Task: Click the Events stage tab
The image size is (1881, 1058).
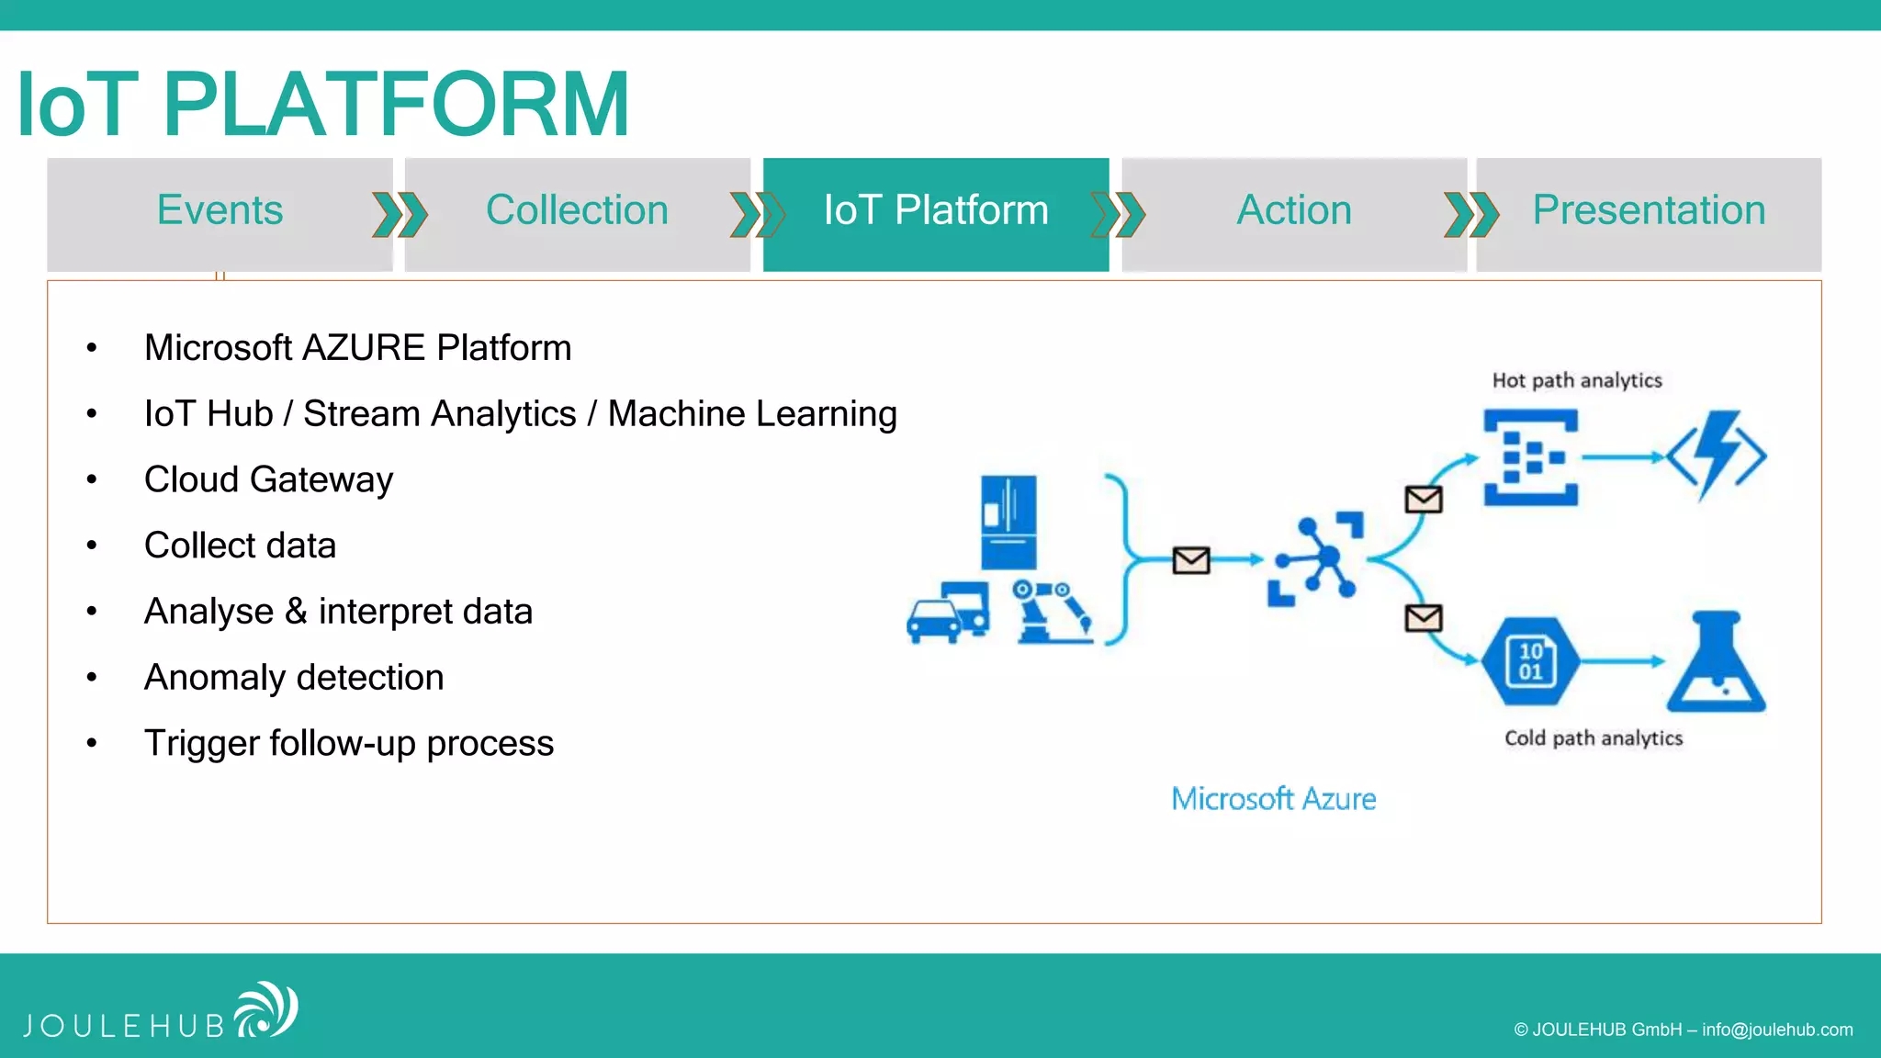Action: pyautogui.click(x=220, y=211)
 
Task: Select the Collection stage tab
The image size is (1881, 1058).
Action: pyautogui.click(x=577, y=211)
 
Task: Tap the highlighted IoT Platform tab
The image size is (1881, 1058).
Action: pyautogui.click(x=935, y=211)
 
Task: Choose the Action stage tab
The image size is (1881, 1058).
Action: pyautogui.click(x=1293, y=211)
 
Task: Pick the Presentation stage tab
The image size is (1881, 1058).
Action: pyautogui.click(x=1649, y=211)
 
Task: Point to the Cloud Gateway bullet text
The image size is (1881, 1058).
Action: pyautogui.click(x=268, y=479)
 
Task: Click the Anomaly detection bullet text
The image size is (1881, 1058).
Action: pyautogui.click(x=294, y=678)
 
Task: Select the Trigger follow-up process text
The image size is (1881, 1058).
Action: pyautogui.click(x=349, y=743)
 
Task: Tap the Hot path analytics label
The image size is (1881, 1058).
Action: pyautogui.click(x=1577, y=380)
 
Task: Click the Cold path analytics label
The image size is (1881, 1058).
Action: pyautogui.click(x=1594, y=738)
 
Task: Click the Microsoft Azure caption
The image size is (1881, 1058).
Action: pyautogui.click(x=1273, y=799)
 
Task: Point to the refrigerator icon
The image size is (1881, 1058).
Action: pyautogui.click(x=1008, y=522)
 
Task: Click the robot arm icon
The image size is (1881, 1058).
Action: pyautogui.click(x=1053, y=612)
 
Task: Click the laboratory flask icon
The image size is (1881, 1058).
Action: pyautogui.click(x=1716, y=663)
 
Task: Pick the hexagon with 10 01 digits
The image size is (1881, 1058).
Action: pyautogui.click(x=1530, y=661)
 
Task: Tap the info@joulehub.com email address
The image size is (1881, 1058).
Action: pyautogui.click(x=1777, y=1030)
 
